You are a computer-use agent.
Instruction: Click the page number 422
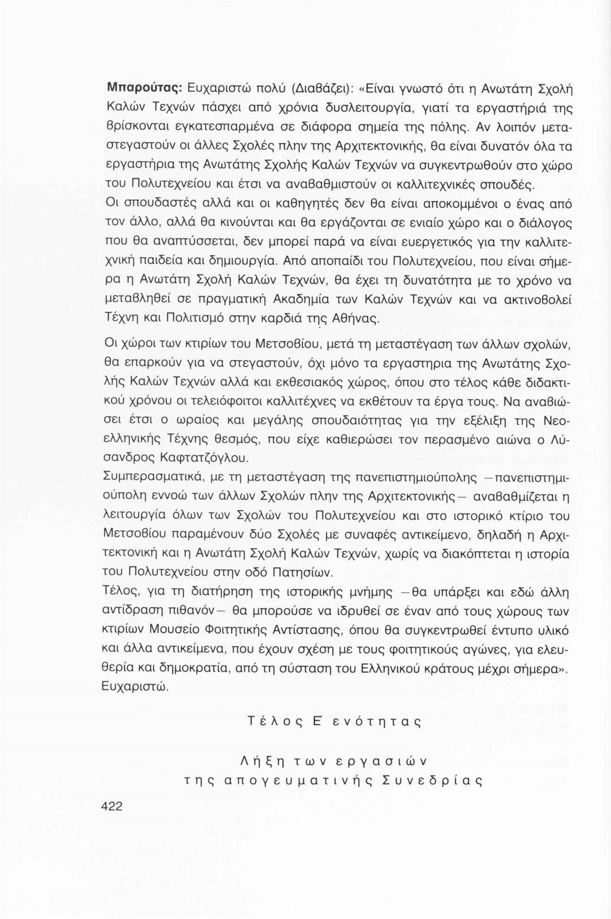[x=111, y=822]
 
